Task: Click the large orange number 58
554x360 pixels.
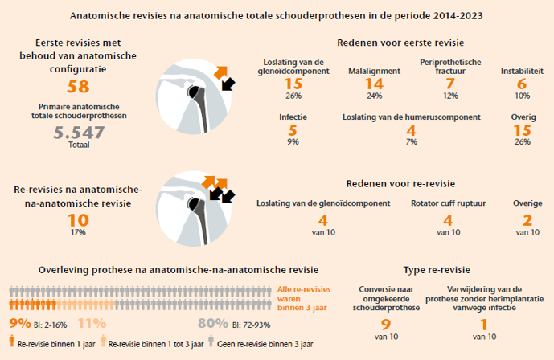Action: pos(78,88)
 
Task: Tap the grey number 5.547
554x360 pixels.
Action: pos(78,133)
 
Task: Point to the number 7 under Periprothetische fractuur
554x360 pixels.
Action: pos(450,84)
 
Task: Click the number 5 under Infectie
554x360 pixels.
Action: pos(293,129)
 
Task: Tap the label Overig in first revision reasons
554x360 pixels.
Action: pos(521,117)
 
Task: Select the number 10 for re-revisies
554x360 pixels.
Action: pos(78,219)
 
